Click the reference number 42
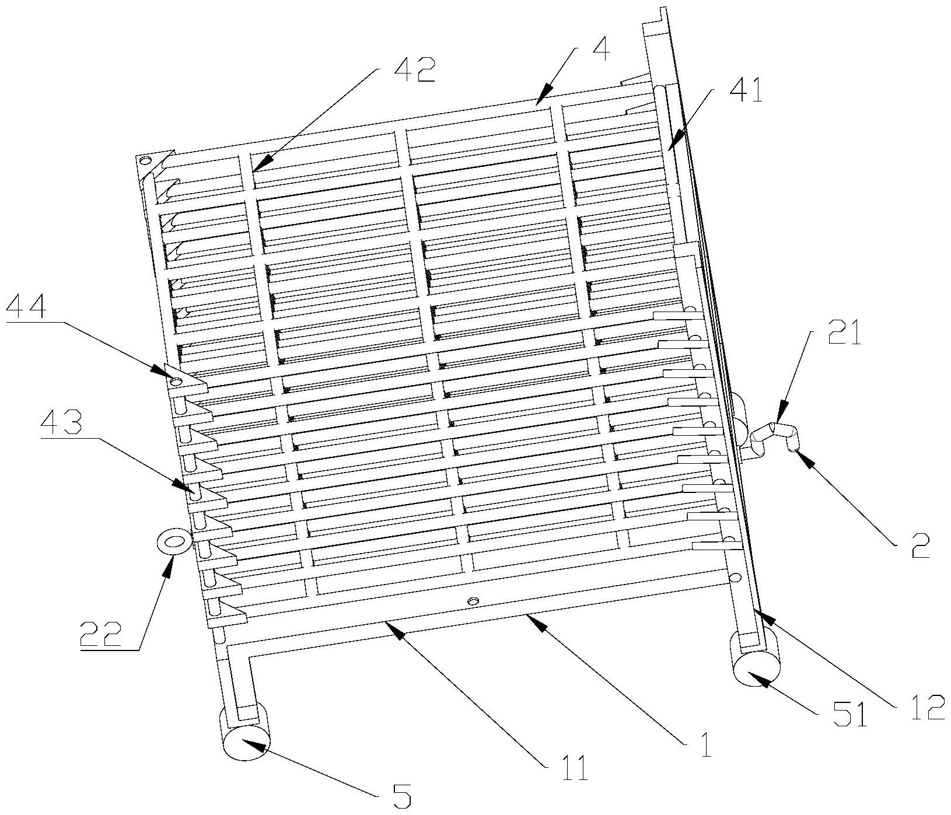click(415, 71)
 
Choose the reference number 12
click(925, 707)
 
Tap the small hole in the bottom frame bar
click(473, 600)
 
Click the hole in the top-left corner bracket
click(145, 160)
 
